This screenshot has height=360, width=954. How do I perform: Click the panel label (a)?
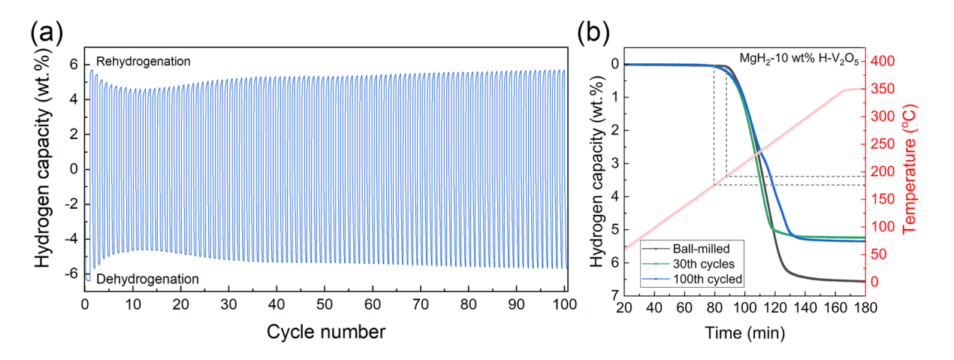point(47,35)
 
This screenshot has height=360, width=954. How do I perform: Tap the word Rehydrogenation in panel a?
point(143,60)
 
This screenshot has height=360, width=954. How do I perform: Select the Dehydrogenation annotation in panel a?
point(147,279)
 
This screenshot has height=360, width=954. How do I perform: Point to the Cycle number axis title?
point(325,331)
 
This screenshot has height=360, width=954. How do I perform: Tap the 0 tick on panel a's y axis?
point(74,169)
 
